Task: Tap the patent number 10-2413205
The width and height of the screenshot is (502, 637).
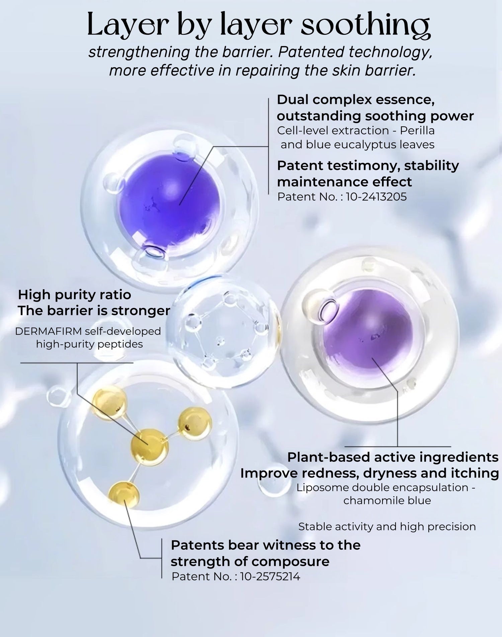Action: pos(376,197)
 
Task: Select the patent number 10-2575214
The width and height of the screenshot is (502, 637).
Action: pos(270,576)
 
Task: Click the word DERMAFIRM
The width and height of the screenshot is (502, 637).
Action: pos(49,331)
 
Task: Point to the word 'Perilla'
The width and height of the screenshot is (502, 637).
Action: pos(417,130)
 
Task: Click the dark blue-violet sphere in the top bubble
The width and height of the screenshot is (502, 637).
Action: pos(169,200)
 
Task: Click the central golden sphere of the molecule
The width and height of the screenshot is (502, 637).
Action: pos(149,447)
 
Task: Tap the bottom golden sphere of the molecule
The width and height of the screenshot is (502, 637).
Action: pos(124,494)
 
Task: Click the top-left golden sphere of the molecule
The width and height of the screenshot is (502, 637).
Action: pos(109,402)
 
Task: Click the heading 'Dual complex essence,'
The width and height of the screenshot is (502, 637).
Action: pos(356,100)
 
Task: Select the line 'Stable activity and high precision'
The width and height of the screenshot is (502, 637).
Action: pos(387,526)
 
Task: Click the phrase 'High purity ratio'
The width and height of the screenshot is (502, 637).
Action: pos(75,295)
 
